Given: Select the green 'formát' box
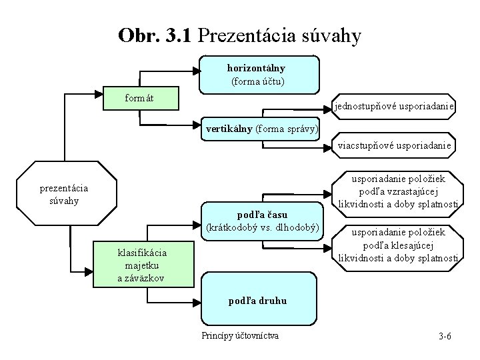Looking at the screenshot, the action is pyautogui.click(x=141, y=99).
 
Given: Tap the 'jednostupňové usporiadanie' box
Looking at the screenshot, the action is pyautogui.click(x=394, y=107).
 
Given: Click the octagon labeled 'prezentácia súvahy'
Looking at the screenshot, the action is pyautogui.click(x=63, y=194).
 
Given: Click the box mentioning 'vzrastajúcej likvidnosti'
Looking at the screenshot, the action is pyautogui.click(x=398, y=190).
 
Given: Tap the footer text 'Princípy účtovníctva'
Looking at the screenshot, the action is pyautogui.click(x=240, y=335).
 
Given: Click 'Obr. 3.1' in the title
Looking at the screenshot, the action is pyautogui.click(x=155, y=35).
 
